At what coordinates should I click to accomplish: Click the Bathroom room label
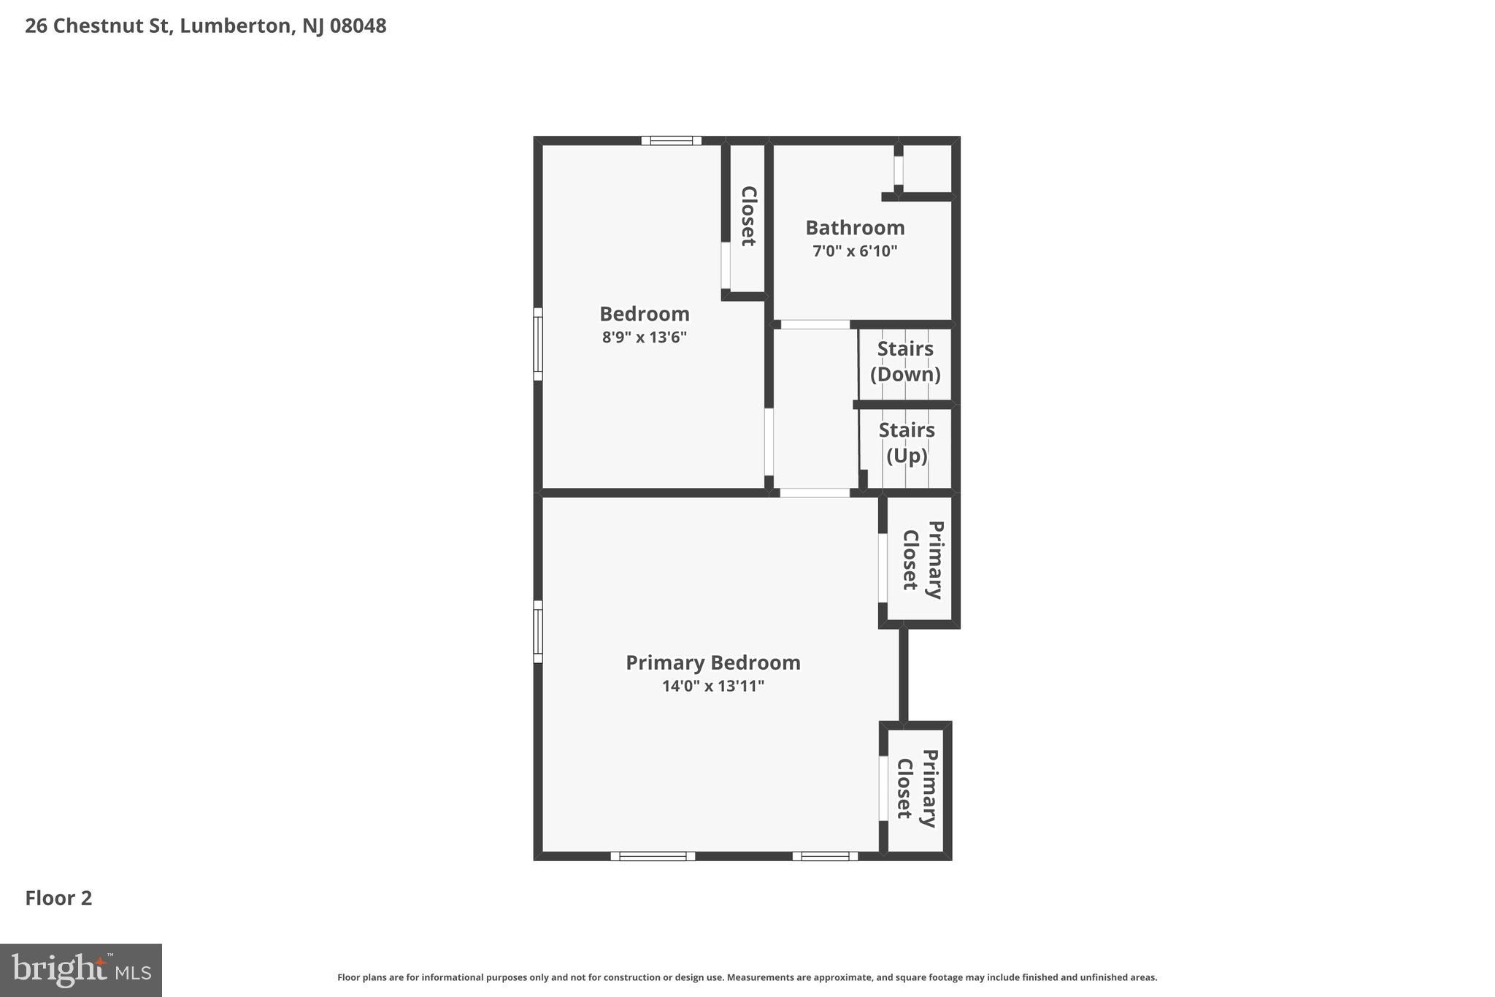855,228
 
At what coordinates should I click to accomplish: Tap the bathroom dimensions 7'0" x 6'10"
855,251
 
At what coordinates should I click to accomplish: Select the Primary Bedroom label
712,662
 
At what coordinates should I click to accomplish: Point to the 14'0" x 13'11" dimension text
712,686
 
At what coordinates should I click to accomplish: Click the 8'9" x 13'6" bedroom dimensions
645,337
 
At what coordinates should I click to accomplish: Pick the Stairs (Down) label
905,362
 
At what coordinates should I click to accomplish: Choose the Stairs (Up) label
907,443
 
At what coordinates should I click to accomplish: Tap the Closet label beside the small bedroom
748,216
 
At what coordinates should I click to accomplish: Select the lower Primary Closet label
917,788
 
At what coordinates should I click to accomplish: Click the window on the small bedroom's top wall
671,141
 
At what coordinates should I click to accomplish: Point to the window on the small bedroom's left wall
538,344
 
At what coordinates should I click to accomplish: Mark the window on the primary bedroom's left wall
538,632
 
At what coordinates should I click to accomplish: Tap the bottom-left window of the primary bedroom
653,856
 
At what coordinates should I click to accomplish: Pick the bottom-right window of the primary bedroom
825,856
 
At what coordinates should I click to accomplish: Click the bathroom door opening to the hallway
815,324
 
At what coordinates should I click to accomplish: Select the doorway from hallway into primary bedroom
815,493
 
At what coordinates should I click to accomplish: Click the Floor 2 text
58,898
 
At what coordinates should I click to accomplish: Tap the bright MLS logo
81,970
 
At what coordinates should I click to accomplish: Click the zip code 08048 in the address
358,26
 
